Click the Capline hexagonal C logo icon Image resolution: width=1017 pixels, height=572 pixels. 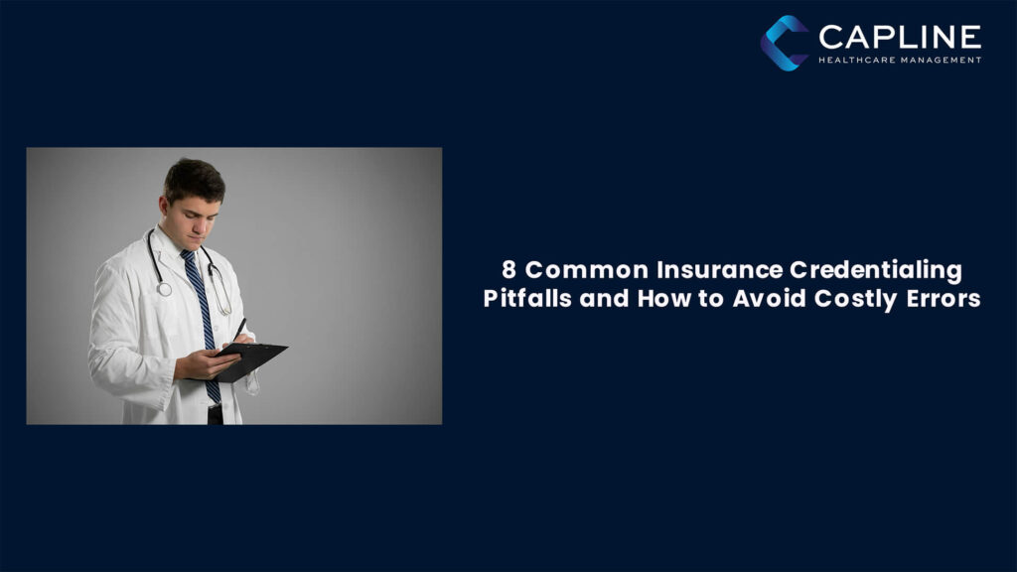tap(785, 43)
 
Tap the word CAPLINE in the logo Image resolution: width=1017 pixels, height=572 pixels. tap(900, 38)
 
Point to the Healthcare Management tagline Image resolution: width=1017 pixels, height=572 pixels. tap(900, 60)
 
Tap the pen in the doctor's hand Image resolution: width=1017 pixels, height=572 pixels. tap(239, 329)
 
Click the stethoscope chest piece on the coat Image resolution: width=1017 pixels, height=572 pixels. tap(163, 289)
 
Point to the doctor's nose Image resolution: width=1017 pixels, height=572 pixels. tap(206, 214)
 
